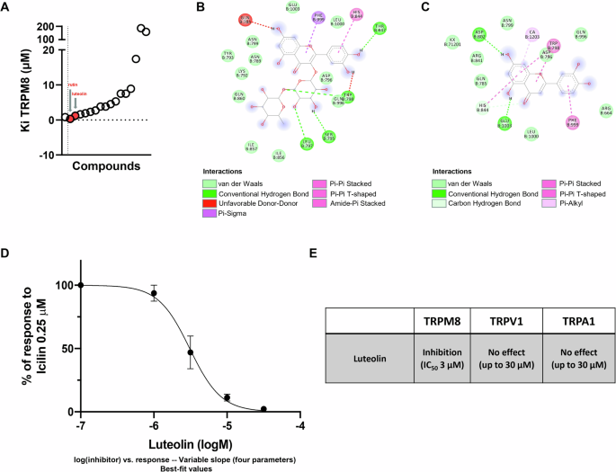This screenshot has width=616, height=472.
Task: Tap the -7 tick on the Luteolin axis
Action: point(80,425)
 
